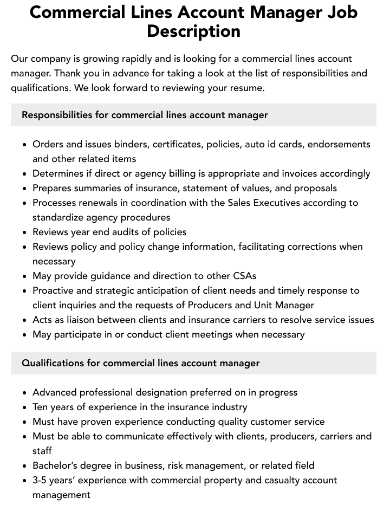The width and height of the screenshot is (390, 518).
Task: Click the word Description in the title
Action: [193, 31]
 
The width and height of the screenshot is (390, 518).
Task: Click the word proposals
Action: [315, 188]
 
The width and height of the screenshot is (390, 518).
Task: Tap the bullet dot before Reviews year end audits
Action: [24, 232]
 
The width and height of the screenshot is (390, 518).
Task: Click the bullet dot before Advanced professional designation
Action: [24, 392]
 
